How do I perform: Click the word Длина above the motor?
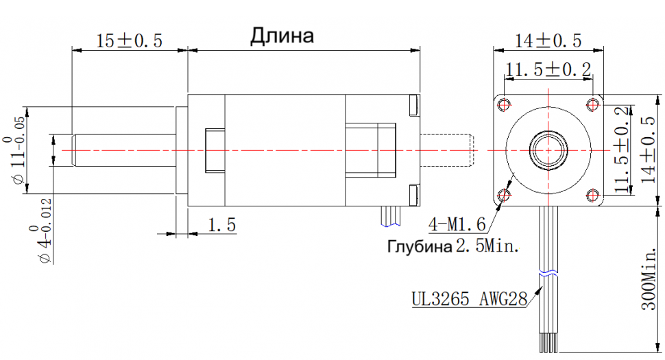282,36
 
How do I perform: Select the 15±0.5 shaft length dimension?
130,41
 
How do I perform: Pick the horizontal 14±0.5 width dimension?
548,40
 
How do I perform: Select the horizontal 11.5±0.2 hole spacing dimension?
548,69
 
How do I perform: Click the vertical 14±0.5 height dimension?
648,149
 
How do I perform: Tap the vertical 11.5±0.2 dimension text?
622,149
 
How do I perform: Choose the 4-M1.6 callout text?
457,224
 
